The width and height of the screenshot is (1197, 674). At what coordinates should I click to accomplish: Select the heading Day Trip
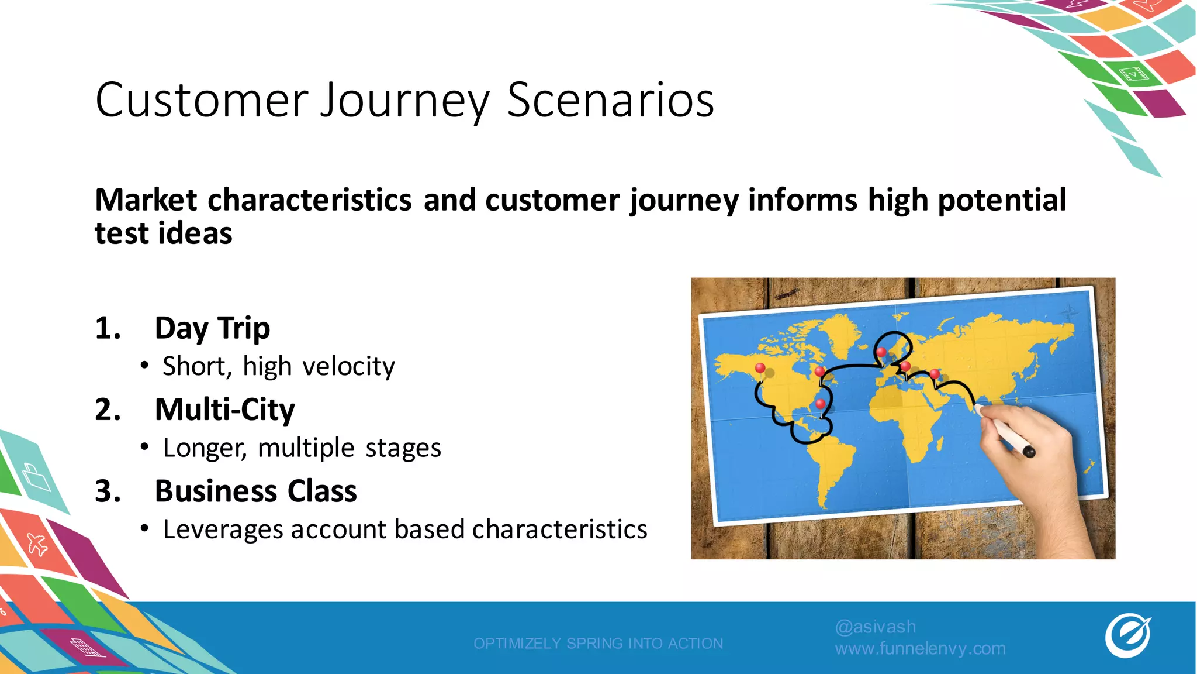212,328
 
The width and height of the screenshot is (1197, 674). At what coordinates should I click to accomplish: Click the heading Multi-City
224,409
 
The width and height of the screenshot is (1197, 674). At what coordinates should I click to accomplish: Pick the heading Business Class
255,491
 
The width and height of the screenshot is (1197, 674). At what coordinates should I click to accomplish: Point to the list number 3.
108,491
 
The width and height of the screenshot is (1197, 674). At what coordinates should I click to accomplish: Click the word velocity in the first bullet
348,367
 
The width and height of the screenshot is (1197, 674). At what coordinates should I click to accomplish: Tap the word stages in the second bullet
403,448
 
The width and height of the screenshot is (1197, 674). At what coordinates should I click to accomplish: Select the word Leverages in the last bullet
223,529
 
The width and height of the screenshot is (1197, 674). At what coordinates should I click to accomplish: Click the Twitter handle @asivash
875,627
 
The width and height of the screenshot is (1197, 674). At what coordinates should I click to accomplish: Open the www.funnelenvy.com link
920,648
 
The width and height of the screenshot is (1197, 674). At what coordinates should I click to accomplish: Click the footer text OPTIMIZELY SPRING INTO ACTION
598,643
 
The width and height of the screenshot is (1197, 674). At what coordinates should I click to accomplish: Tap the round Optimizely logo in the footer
1127,635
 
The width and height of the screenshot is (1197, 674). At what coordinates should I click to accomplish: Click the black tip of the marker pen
1029,451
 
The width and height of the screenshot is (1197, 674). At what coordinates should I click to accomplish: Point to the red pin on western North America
760,368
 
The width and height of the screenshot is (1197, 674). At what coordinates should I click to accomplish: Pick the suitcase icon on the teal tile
36,477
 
